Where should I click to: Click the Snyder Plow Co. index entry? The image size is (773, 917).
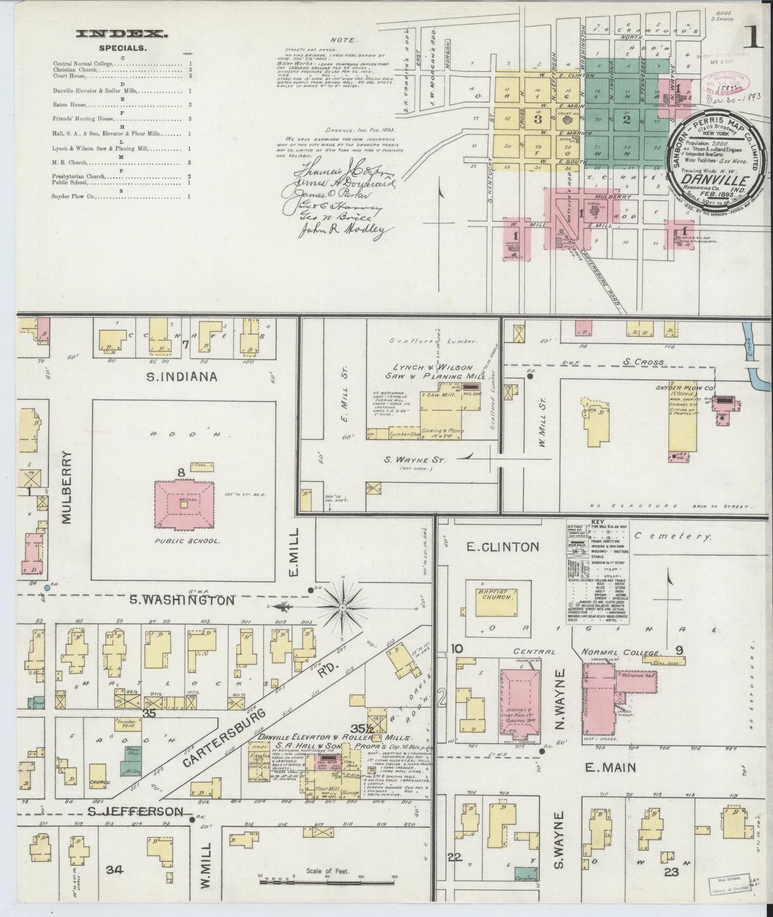pos(74,197)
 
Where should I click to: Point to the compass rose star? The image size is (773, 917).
pos(343,608)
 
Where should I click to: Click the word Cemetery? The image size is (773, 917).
pos(672,537)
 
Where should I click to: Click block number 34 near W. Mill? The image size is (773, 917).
pos(114,869)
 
